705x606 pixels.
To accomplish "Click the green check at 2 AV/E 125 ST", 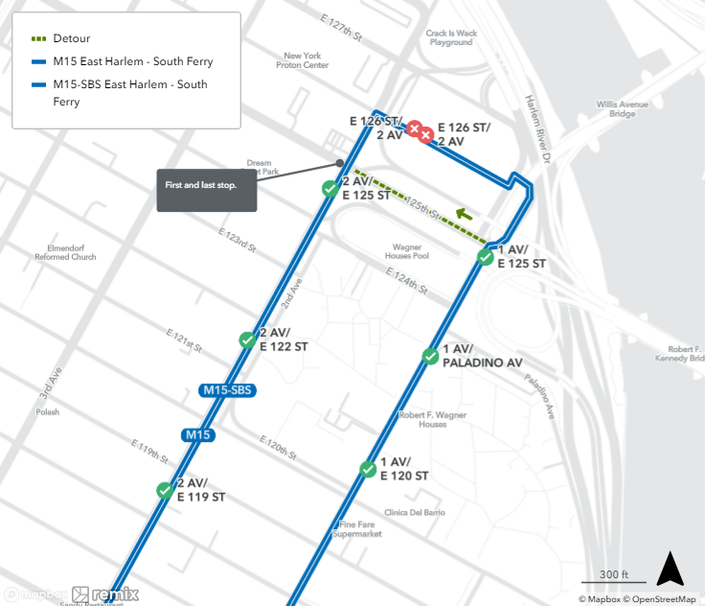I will pyautogui.click(x=330, y=189).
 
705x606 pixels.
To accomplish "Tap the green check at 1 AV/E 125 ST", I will pyautogui.click(x=486, y=256).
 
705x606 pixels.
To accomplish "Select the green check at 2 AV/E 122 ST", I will pyautogui.click(x=247, y=339).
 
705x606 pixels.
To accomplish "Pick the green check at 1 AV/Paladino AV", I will pyautogui.click(x=430, y=357).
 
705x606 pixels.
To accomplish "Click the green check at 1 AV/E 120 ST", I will pyautogui.click(x=368, y=469).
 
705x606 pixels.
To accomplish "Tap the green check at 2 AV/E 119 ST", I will pyautogui.click(x=165, y=490).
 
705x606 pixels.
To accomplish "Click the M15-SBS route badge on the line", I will pyautogui.click(x=226, y=390).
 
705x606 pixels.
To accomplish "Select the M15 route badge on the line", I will pyautogui.click(x=197, y=435).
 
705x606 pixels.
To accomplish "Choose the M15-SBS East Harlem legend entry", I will pyautogui.click(x=125, y=92).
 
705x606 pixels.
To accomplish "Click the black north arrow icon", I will pyautogui.click(x=671, y=569).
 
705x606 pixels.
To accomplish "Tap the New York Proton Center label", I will pyautogui.click(x=302, y=60).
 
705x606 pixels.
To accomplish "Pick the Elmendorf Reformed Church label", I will pyautogui.click(x=65, y=252).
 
